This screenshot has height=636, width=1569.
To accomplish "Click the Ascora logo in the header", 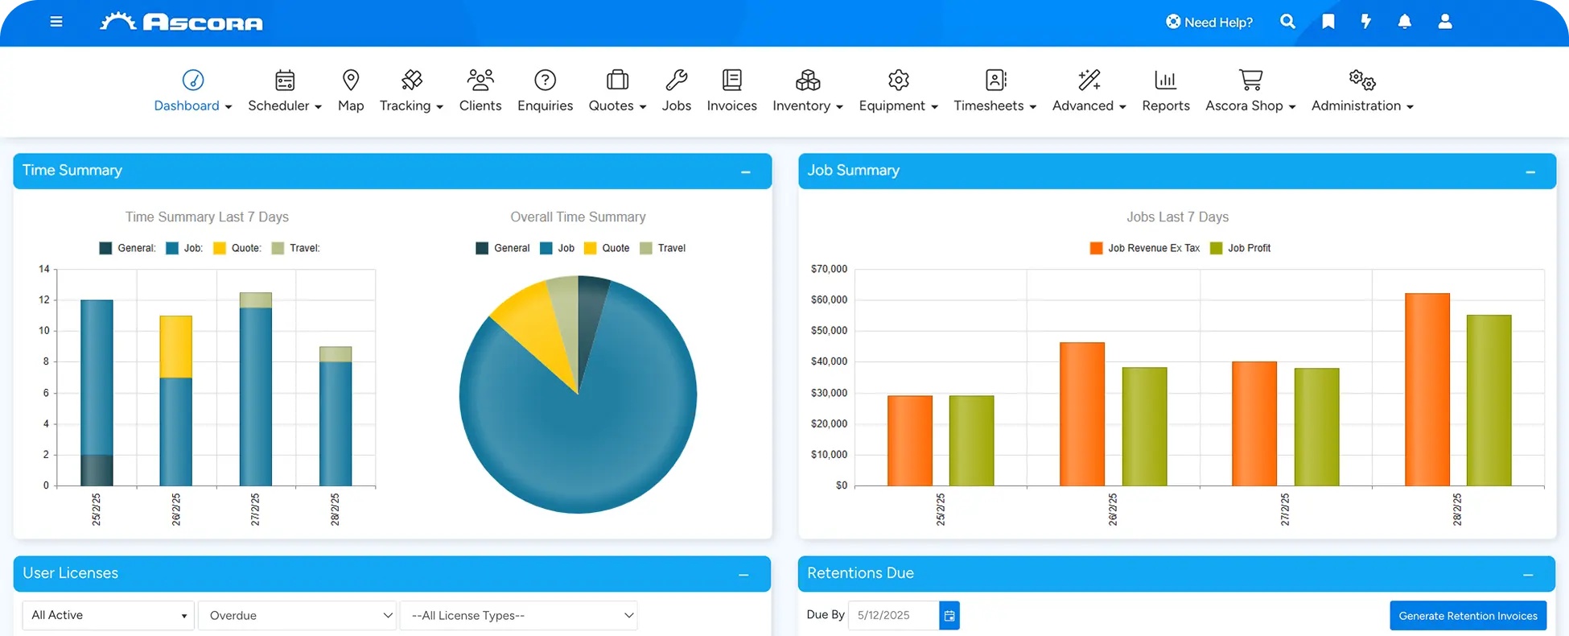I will (182, 22).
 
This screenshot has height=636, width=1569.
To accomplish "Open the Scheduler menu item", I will (284, 90).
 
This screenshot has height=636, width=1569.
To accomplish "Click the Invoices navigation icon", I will (731, 81).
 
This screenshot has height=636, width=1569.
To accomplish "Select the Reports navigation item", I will (1165, 90).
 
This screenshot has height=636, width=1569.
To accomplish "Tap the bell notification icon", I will (1404, 22).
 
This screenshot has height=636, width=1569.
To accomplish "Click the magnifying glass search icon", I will (1287, 22).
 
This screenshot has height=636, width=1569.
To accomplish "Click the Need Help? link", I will (1209, 22).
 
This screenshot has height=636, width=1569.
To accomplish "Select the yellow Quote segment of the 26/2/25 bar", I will (175, 347).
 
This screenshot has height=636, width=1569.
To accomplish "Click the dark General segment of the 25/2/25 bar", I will (97, 470).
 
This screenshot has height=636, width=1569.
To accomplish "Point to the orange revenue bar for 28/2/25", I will (1427, 390).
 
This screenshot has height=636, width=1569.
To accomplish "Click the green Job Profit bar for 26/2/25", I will (1144, 427).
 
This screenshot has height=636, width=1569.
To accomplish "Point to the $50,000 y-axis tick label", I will (829, 331).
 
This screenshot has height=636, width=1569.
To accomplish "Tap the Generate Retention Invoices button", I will (1468, 616).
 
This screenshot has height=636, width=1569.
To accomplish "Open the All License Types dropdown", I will (518, 616).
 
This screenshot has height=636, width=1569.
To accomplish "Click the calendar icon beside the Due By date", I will (949, 616).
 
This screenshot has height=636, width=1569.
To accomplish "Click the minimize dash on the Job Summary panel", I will (1530, 171).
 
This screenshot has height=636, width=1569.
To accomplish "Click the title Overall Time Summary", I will (578, 217).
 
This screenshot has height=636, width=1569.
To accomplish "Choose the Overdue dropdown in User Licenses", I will (297, 616).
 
